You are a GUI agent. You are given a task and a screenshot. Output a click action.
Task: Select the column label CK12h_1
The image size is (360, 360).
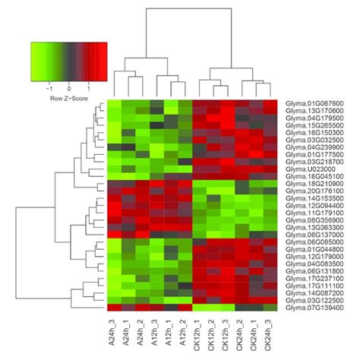(x=202, y=333)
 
